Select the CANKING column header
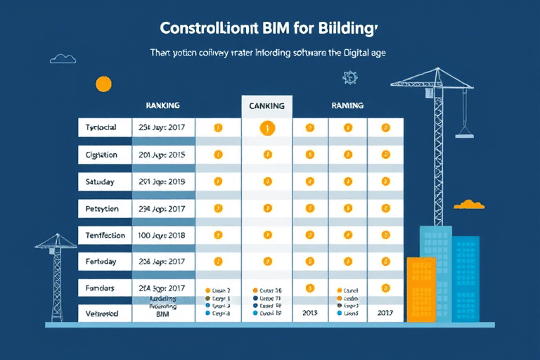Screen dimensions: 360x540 point(266,106)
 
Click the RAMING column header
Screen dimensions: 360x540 point(347,105)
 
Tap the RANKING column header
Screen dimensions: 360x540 point(162,105)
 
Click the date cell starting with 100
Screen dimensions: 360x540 point(162,235)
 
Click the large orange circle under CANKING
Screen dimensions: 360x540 point(266,128)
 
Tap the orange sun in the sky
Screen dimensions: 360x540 point(103,84)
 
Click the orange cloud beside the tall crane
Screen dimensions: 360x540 point(469,205)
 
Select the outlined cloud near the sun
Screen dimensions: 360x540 point(63,58)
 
